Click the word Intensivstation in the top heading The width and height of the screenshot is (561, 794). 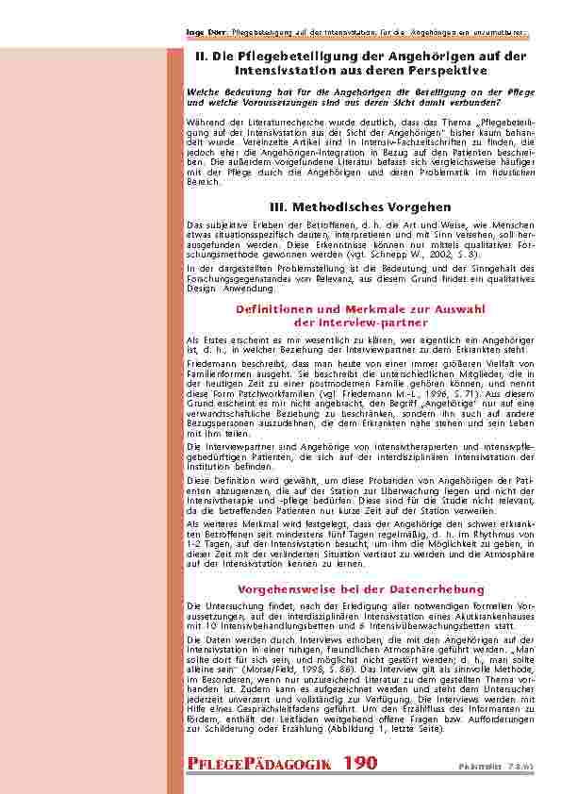[290, 70]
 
